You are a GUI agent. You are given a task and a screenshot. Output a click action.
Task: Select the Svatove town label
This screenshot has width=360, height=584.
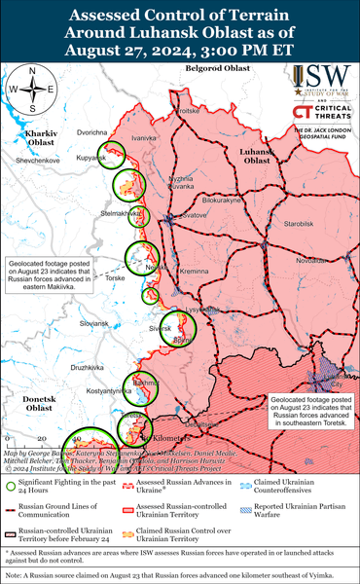pos(194,214)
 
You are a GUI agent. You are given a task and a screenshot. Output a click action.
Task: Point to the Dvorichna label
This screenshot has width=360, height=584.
pos(92,131)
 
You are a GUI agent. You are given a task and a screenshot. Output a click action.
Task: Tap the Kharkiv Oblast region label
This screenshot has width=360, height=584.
pos(40,137)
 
